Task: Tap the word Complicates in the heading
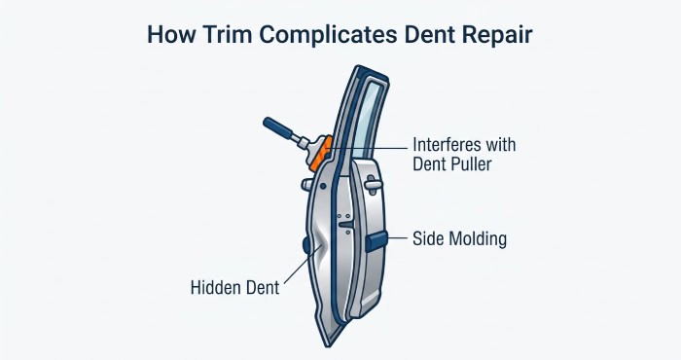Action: (x=329, y=35)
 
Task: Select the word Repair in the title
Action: (x=497, y=35)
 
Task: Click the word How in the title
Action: (x=169, y=34)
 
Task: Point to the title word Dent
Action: (x=429, y=34)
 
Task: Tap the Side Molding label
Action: (x=459, y=238)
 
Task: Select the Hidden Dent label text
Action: (x=235, y=287)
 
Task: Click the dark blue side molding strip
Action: (x=376, y=241)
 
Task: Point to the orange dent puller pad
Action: (x=322, y=153)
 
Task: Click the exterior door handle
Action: (x=373, y=184)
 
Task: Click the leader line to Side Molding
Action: (x=397, y=238)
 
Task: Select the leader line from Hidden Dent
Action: (x=303, y=265)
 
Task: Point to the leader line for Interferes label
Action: (x=368, y=148)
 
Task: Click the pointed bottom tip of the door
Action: (x=329, y=345)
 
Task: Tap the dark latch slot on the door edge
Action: (x=346, y=225)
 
